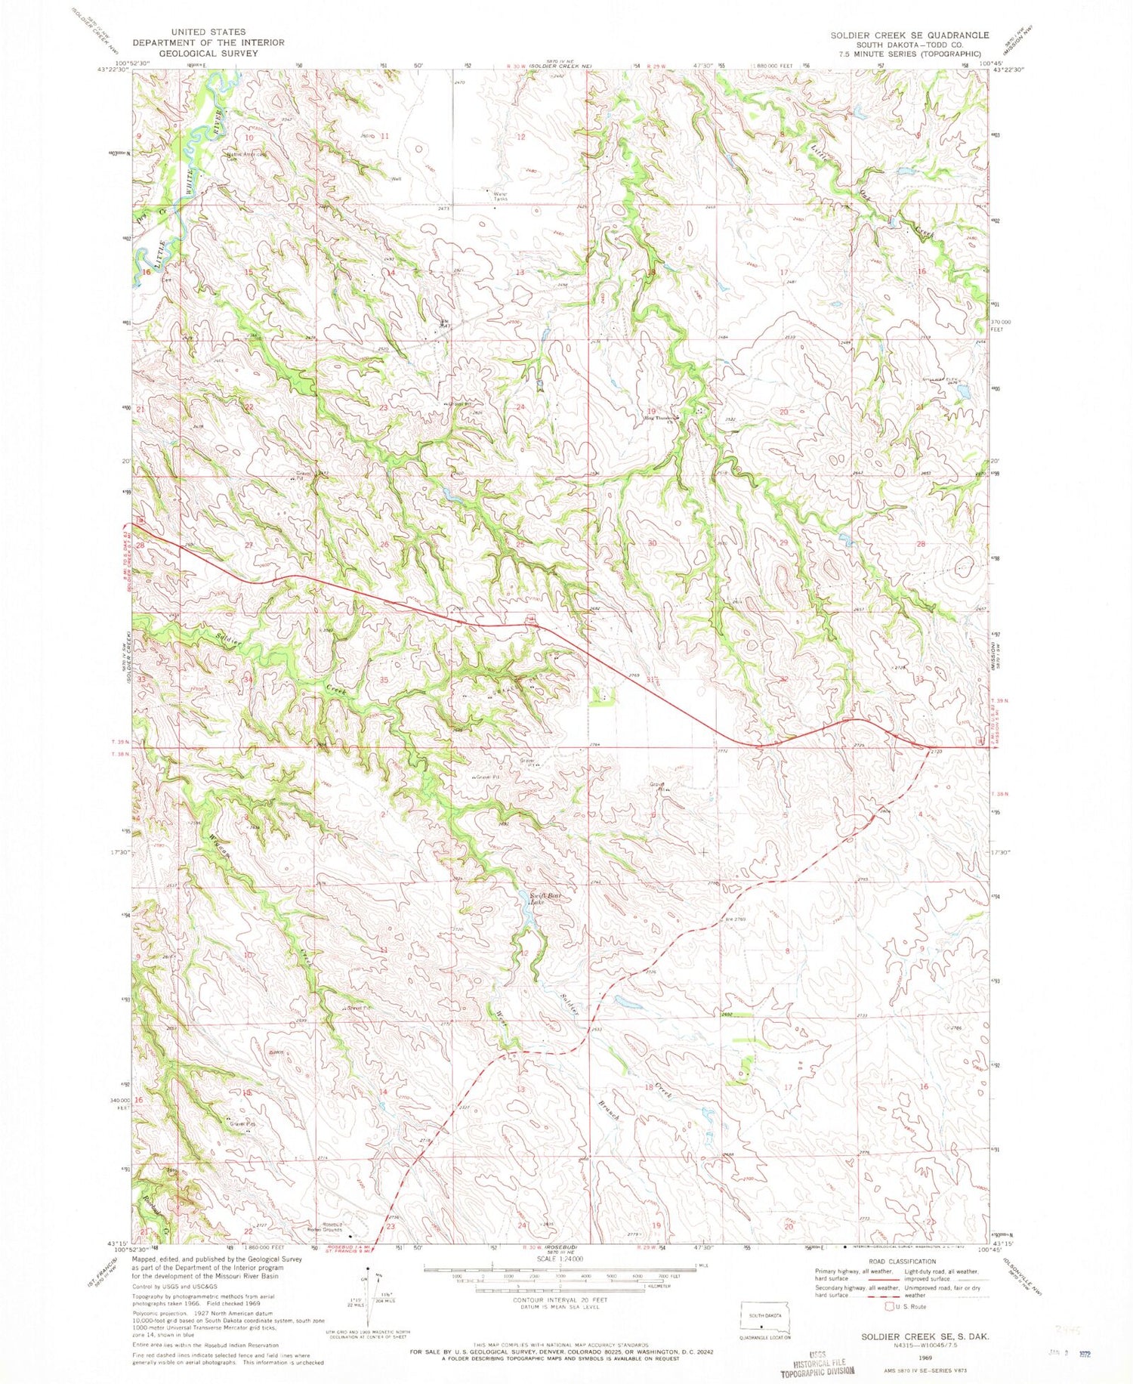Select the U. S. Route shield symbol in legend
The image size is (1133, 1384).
(x=891, y=1306)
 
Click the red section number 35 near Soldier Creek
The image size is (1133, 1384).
(x=384, y=680)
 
